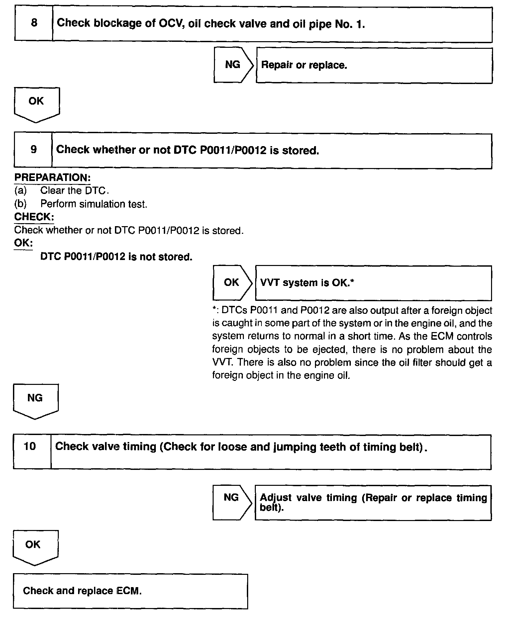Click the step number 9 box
click(x=33, y=150)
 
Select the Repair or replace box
click(x=374, y=65)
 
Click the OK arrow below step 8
click(x=37, y=103)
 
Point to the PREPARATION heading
click(x=52, y=178)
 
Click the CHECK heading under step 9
click(x=34, y=217)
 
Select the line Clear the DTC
click(x=74, y=191)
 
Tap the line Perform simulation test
click(x=93, y=204)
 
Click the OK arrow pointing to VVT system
click(x=232, y=283)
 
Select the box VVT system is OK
click(x=373, y=283)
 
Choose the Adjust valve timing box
click(x=373, y=502)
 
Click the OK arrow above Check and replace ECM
click(x=35, y=546)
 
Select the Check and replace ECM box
click(x=130, y=591)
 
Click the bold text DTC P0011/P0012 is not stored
click(x=116, y=257)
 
